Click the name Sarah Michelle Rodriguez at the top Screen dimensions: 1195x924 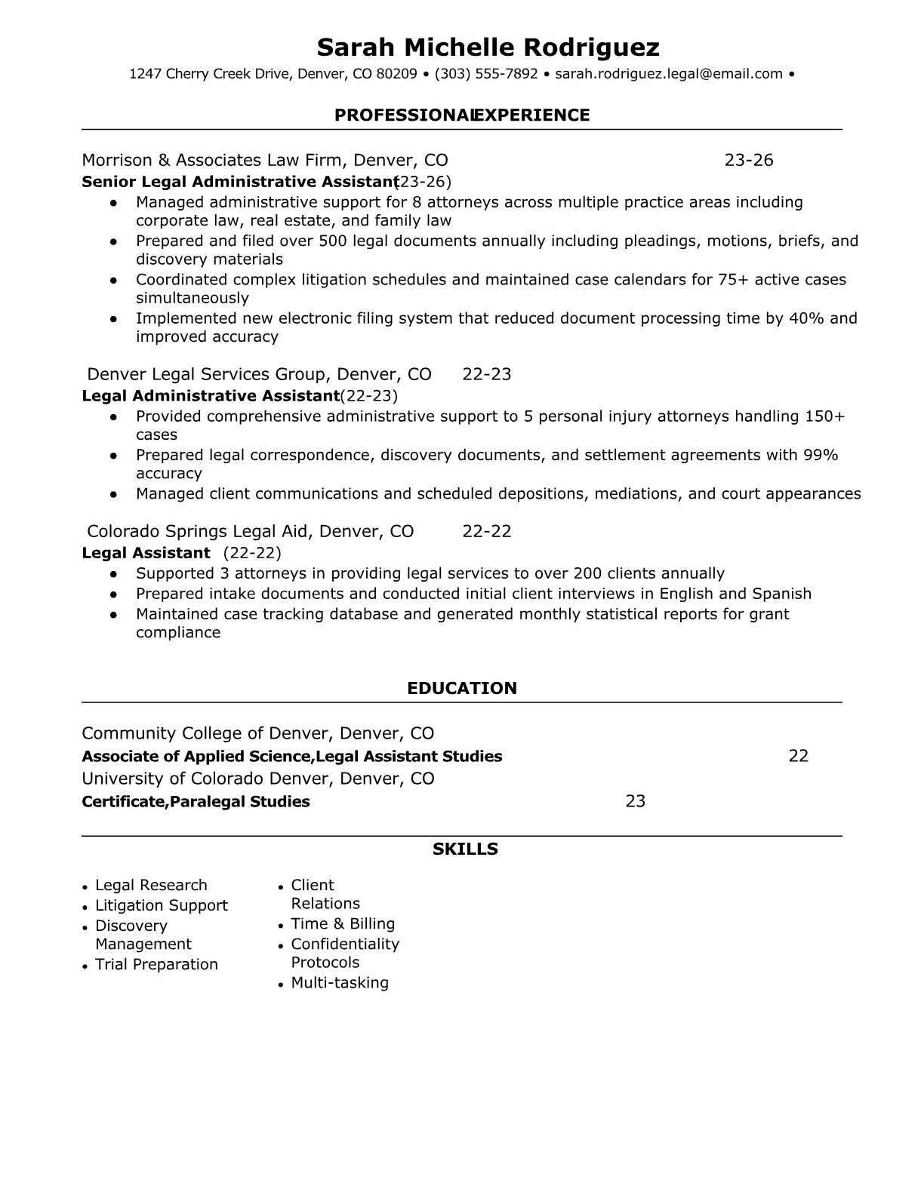(488, 48)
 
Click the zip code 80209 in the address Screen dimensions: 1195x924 (396, 74)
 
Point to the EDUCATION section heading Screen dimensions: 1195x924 (462, 688)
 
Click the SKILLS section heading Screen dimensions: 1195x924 (465, 849)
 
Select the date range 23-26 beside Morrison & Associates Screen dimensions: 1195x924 (749, 160)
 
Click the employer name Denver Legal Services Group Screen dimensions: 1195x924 (206, 374)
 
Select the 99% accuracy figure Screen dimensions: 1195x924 (821, 455)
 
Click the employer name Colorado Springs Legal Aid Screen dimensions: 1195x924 (198, 531)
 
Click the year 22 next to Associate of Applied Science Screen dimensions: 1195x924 (798, 756)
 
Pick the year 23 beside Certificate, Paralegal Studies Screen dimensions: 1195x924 (636, 801)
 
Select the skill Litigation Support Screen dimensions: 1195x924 (161, 905)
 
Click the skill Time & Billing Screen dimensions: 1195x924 (343, 923)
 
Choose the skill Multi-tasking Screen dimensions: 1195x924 (340, 982)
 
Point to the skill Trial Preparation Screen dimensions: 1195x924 (156, 964)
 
